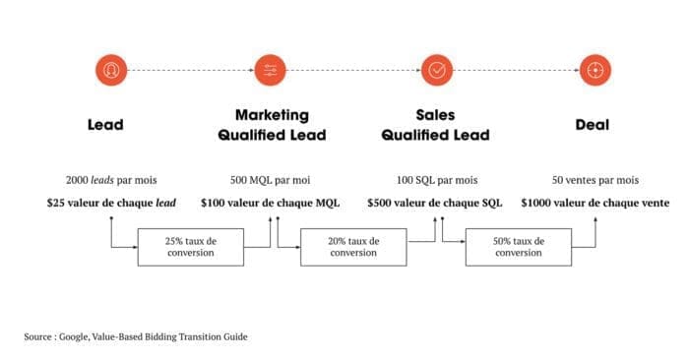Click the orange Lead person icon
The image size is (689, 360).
(x=111, y=70)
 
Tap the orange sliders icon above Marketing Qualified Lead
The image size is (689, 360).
(x=271, y=70)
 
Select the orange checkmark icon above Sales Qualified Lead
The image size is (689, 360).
(x=437, y=70)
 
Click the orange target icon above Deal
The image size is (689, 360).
(x=595, y=70)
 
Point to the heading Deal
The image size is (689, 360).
(x=593, y=125)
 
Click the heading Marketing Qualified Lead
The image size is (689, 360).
(x=272, y=125)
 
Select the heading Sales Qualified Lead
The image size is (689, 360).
(x=435, y=125)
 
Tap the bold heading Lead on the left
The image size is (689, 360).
(x=105, y=125)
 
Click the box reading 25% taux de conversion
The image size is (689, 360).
(x=191, y=247)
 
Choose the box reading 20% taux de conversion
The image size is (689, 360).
(x=353, y=247)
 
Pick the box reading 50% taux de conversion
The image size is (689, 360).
(x=519, y=247)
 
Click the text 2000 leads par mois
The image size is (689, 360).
(x=111, y=180)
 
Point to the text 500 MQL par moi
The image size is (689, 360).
(x=271, y=180)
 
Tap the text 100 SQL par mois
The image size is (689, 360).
(x=437, y=180)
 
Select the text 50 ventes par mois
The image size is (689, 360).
(x=595, y=180)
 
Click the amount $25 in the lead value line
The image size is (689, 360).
(x=55, y=203)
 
